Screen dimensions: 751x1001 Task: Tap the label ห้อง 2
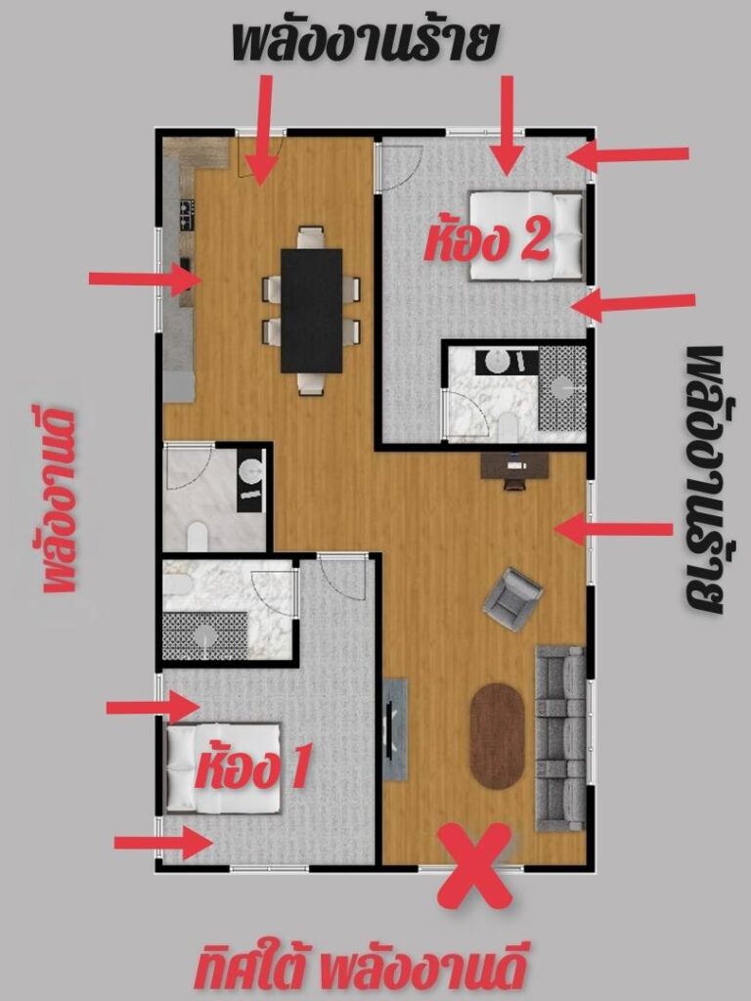[x=487, y=242]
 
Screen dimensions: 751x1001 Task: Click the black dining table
[x=312, y=311]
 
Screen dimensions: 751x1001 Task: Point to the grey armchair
[x=512, y=599]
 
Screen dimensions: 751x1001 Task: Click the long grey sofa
[x=560, y=739]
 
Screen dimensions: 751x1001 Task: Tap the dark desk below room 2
[x=514, y=467]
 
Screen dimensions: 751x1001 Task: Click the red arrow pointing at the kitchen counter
[x=146, y=279]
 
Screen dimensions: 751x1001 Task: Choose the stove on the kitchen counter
[x=186, y=214]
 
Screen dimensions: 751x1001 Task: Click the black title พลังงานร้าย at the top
[x=364, y=42]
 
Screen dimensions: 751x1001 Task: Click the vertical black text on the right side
[x=703, y=480]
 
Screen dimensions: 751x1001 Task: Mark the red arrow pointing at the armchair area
[x=614, y=529]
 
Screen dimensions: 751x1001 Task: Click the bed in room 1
[x=223, y=768]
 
